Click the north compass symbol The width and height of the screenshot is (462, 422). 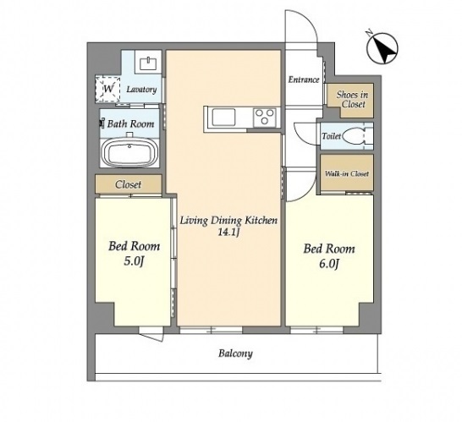(382, 48)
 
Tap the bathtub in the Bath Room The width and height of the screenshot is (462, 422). (129, 153)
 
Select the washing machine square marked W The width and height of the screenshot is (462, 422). (107, 89)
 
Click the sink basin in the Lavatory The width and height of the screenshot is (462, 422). (148, 63)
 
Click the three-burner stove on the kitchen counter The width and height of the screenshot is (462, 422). (265, 118)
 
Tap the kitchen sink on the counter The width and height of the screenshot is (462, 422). (224, 117)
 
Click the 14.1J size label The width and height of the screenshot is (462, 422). (228, 233)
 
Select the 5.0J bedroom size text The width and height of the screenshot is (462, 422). (134, 261)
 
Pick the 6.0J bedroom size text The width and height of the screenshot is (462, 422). (329, 264)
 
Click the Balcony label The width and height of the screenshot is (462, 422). (235, 353)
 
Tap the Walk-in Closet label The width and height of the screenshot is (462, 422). (347, 173)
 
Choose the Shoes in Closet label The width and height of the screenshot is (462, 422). (352, 99)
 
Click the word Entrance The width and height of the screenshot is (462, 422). (304, 79)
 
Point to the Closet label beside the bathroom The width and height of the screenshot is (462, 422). (128, 184)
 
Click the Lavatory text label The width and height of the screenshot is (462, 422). (141, 90)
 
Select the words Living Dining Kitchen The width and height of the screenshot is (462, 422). (228, 220)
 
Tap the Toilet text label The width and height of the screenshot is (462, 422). (331, 136)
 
